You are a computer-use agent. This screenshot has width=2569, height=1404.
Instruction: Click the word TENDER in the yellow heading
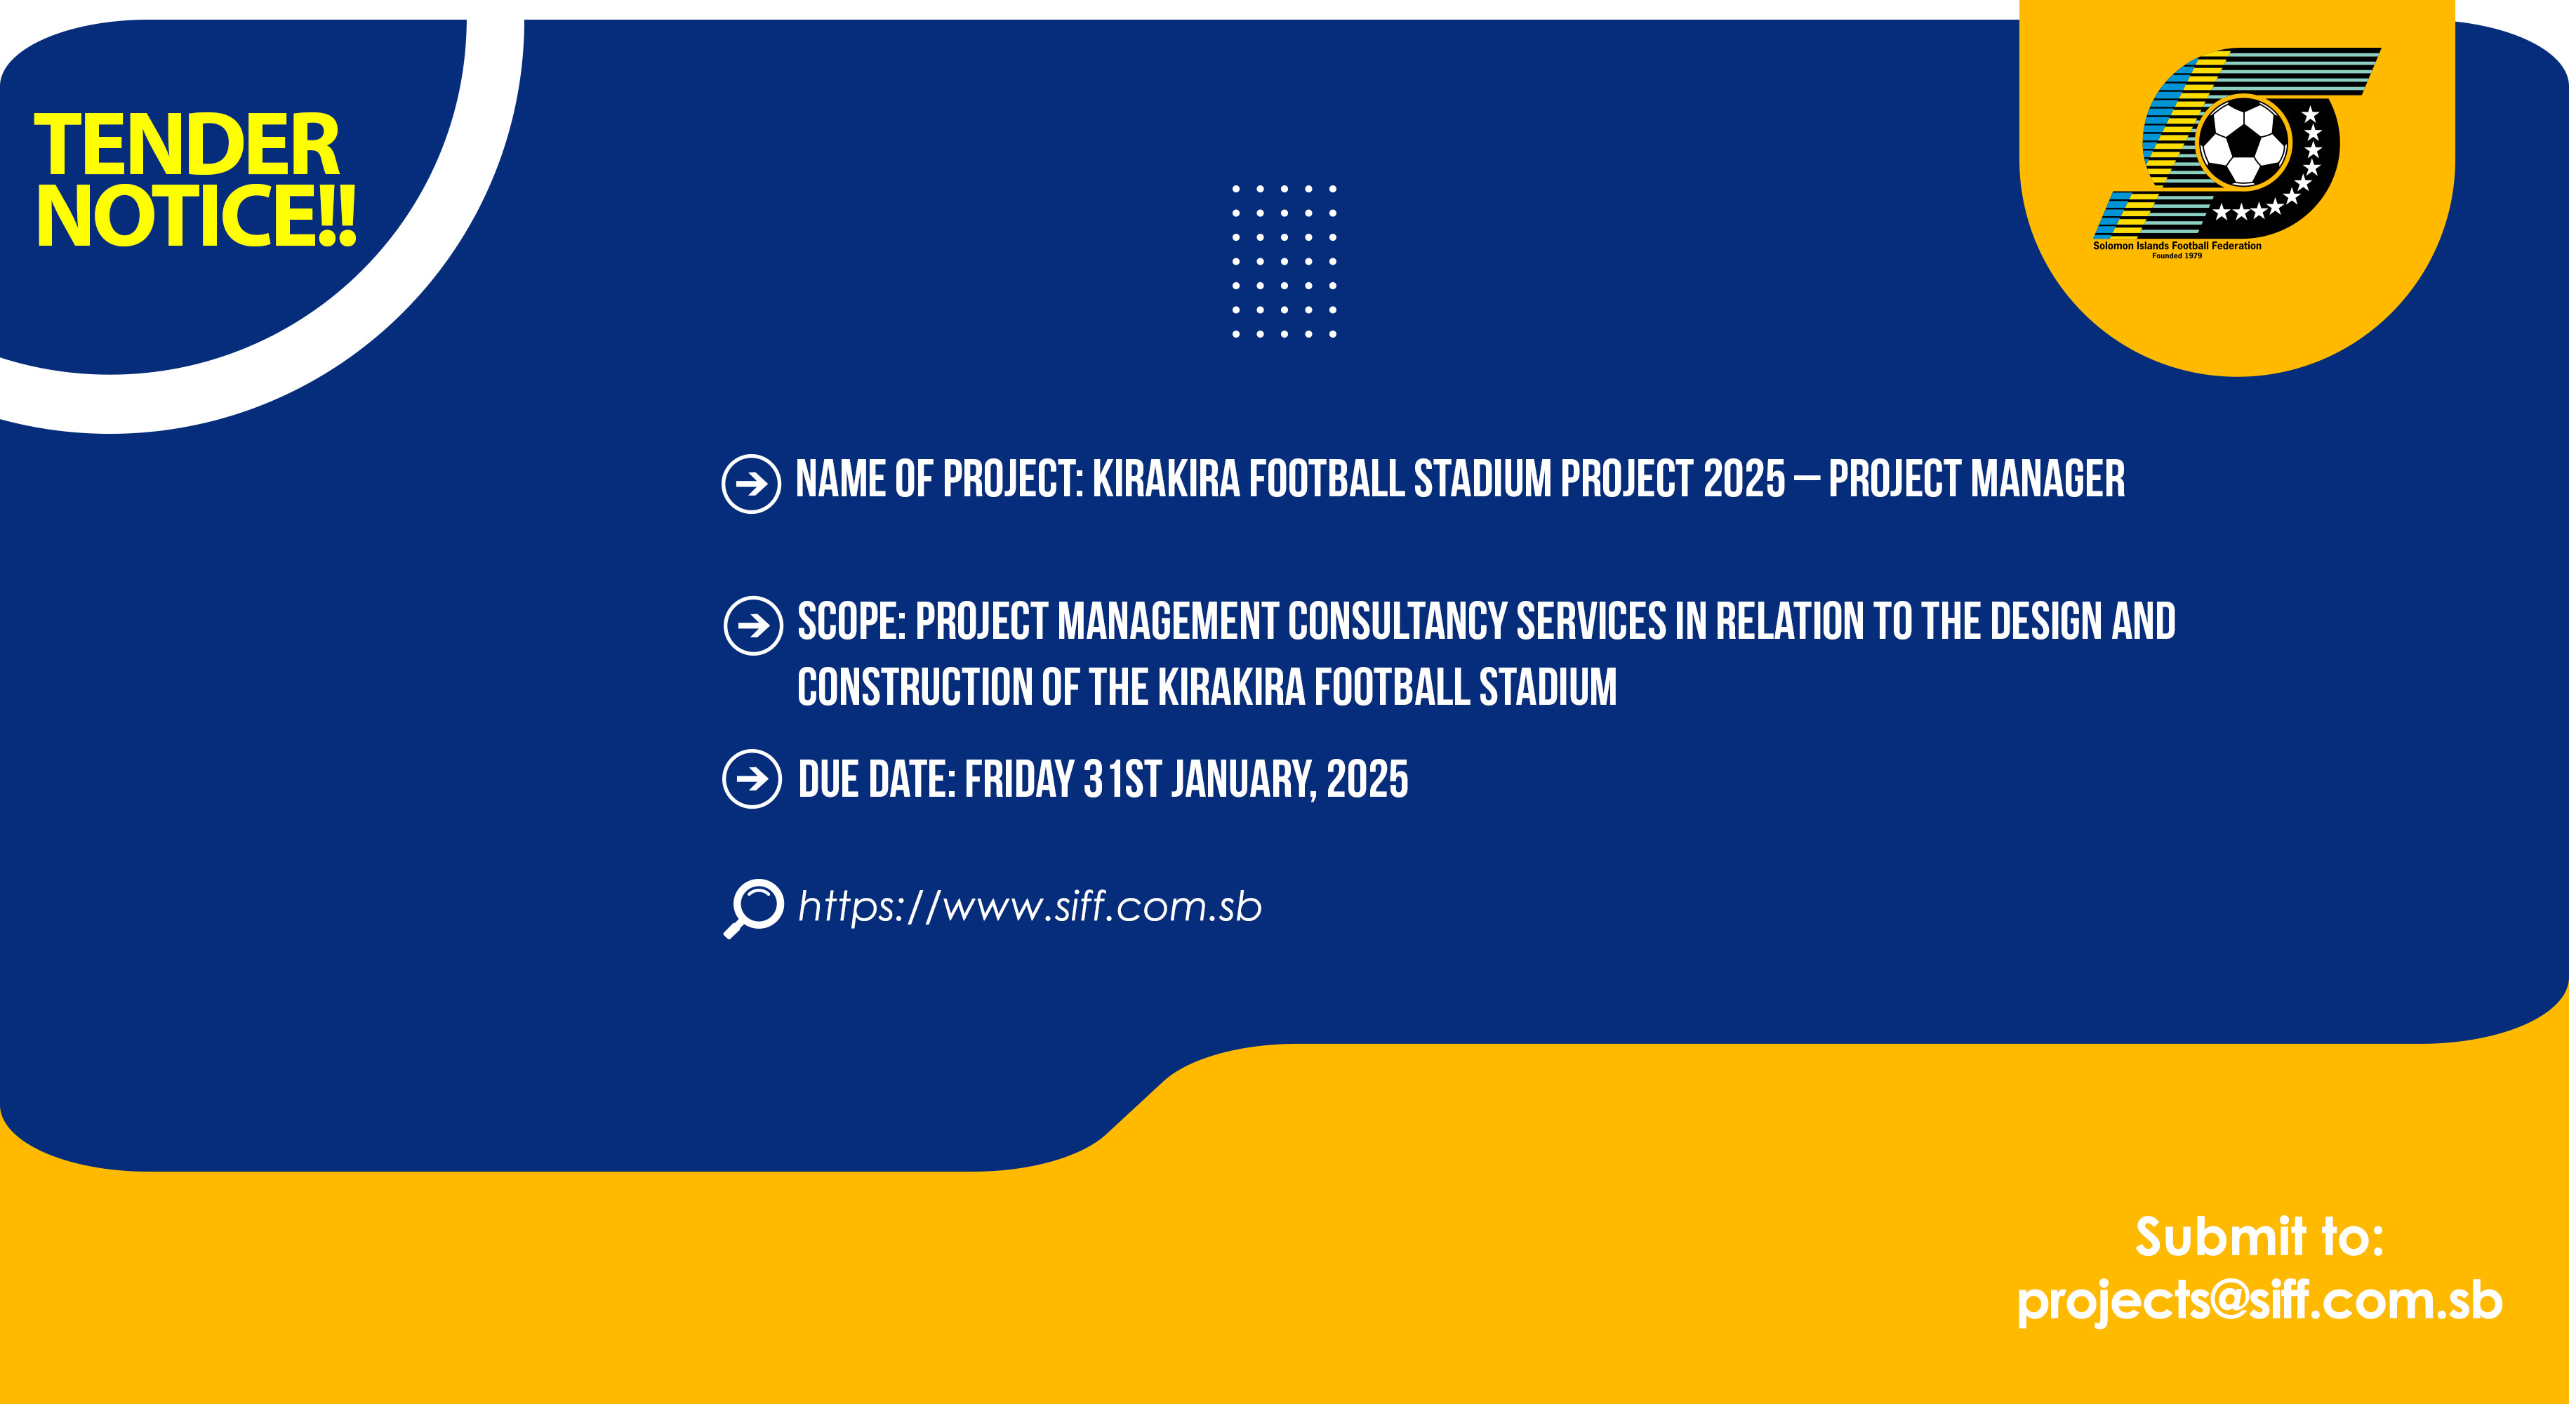[187, 145]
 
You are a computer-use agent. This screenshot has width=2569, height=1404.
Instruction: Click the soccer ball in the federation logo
[2243, 143]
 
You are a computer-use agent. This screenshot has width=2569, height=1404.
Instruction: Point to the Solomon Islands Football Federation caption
[2177, 245]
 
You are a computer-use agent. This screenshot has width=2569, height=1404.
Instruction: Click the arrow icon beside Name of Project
[751, 484]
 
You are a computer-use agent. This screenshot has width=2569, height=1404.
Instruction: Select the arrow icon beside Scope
[753, 625]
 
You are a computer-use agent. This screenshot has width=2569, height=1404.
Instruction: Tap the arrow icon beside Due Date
[752, 779]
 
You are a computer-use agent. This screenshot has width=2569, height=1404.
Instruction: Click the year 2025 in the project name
[1744, 479]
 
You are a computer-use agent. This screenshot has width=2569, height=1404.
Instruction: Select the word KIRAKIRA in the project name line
[1166, 479]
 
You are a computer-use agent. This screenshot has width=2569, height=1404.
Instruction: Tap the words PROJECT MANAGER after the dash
[1977, 479]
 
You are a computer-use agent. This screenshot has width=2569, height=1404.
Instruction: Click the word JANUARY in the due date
[1242, 780]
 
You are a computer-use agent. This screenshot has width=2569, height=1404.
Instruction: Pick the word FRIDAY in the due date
[1019, 780]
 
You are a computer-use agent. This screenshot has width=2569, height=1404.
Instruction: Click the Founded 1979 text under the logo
[2177, 256]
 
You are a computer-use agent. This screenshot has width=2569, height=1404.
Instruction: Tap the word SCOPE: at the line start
[851, 622]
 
